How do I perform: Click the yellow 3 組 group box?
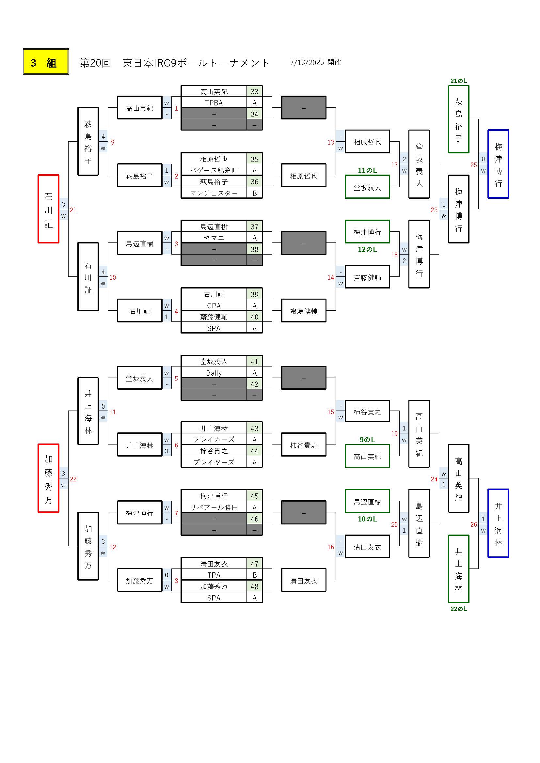click(46, 62)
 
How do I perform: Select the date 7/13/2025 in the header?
click(307, 62)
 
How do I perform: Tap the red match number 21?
click(73, 210)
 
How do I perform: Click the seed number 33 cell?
click(254, 92)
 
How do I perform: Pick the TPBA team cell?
click(214, 103)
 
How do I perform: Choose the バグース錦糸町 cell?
click(214, 170)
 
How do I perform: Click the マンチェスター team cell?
click(214, 193)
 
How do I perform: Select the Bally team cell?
click(214, 373)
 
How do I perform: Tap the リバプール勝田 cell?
click(214, 507)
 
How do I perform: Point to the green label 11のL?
click(367, 170)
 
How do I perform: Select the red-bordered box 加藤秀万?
click(49, 478)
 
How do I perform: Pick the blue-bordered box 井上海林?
click(498, 523)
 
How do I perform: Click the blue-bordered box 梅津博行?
click(498, 164)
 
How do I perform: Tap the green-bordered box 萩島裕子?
click(458, 119)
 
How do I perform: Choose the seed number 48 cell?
click(254, 586)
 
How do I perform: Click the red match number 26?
click(474, 524)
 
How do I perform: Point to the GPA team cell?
click(214, 306)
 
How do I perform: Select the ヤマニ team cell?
click(214, 238)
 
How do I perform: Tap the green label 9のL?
click(367, 440)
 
